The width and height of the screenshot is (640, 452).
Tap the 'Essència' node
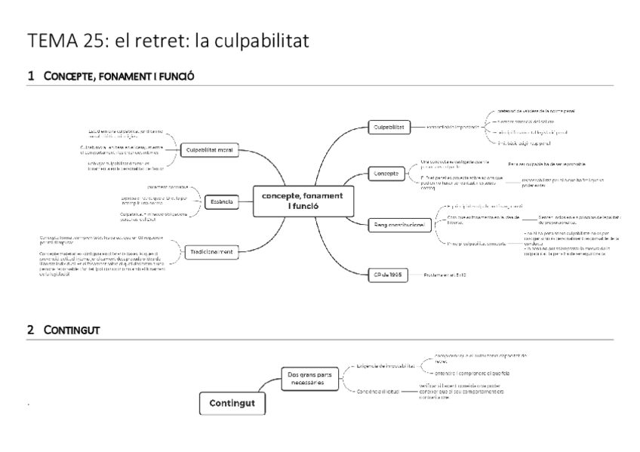pos(222,201)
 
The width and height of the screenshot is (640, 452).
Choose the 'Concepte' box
pos(386,174)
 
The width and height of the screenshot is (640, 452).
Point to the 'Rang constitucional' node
pos(399,224)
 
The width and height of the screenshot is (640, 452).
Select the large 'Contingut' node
pos(232,404)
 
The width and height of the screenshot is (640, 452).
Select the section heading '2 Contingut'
pos(63,331)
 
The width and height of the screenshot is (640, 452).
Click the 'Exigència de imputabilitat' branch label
pos(385,366)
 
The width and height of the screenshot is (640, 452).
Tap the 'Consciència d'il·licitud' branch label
pos(382,390)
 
